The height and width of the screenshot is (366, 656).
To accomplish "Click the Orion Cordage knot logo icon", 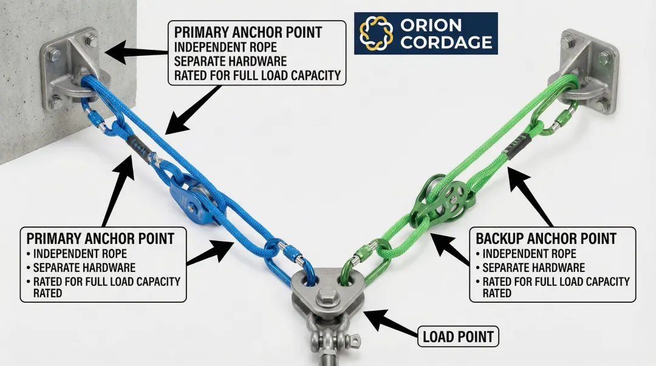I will (x=377, y=33).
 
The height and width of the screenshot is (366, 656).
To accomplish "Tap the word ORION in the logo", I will (x=431, y=25).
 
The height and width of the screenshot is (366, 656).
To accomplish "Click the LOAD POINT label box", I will (x=458, y=336).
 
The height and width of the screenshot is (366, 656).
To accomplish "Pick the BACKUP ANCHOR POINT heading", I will (x=546, y=238).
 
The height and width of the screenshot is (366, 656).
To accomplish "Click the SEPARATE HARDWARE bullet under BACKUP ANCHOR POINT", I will (x=533, y=268).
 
